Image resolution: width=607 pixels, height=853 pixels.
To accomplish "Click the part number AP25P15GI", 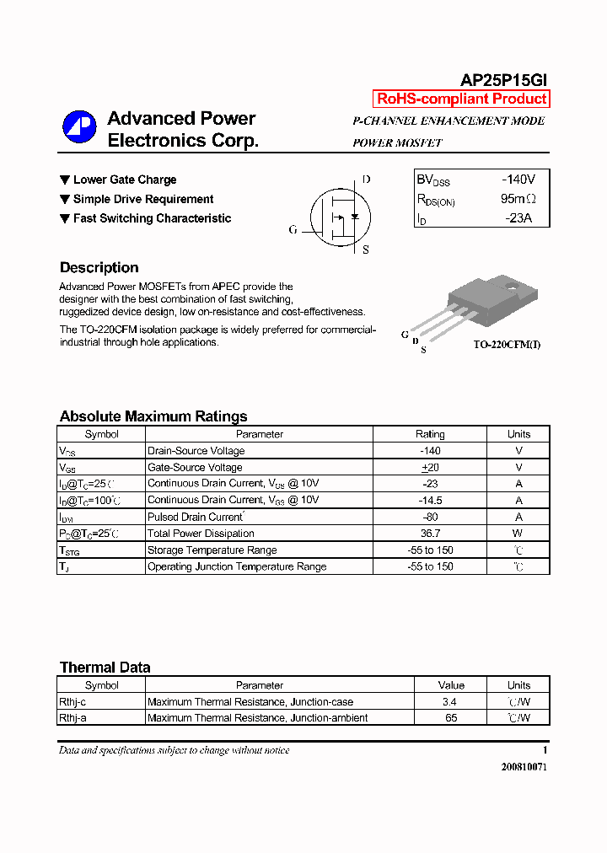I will [504, 80].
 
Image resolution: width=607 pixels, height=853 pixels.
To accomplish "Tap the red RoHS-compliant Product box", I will [461, 99].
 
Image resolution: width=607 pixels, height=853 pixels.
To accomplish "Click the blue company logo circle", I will [79, 127].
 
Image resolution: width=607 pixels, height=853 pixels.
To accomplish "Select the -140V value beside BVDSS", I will [518, 180].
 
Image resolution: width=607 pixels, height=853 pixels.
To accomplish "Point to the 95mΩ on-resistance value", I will [518, 199].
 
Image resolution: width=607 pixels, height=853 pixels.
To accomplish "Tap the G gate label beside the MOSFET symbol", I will [293, 229].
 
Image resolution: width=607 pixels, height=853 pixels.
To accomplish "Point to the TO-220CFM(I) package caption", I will [507, 345].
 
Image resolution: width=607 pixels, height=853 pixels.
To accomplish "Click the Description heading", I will [99, 268].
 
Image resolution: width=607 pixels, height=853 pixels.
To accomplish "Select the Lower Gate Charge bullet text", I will [125, 180].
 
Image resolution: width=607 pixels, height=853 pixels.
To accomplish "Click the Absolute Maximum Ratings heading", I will [153, 416].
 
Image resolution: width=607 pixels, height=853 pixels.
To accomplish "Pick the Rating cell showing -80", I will [430, 517].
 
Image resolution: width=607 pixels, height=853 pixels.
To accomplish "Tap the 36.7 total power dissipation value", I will [430, 534].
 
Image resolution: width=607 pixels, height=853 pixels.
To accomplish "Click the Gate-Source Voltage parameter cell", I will [195, 467].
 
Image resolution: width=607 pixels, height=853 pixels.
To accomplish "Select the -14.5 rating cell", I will [430, 501].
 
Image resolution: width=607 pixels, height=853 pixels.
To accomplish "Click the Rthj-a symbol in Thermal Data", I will [73, 718].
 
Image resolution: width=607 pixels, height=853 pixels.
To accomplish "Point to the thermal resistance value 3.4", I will [451, 701].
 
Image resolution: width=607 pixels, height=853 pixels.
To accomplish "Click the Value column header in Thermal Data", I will [451, 685].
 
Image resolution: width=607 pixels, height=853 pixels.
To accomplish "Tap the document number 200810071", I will [524, 767].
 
